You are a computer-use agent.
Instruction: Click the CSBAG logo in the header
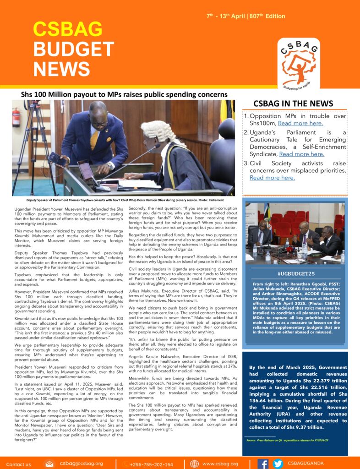(299, 62)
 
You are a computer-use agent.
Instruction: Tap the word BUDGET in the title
(73, 49)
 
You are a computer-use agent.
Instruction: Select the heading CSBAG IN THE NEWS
(293, 104)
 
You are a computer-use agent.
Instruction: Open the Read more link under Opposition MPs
(300, 123)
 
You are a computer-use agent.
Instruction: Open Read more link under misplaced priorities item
(272, 178)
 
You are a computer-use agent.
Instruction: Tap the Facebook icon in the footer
(263, 464)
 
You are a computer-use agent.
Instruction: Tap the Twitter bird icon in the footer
(278, 464)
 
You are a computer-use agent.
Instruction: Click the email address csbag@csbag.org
(81, 464)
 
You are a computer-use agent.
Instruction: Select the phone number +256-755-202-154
(151, 464)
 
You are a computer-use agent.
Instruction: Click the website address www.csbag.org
(220, 464)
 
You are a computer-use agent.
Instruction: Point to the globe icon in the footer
(194, 464)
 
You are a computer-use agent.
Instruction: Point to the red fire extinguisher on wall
(16, 117)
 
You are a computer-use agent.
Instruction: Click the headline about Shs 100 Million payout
(124, 94)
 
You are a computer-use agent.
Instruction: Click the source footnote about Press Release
(287, 440)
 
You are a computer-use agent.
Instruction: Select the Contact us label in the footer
(18, 464)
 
